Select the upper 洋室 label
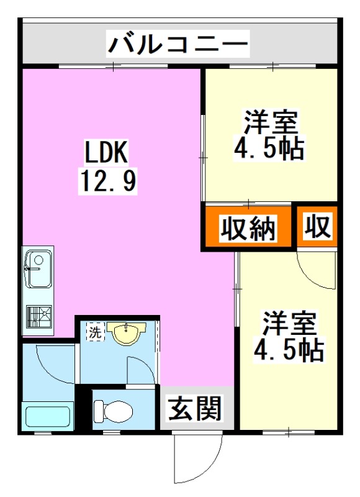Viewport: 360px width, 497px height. [x=271, y=121]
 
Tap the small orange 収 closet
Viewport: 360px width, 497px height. [x=317, y=228]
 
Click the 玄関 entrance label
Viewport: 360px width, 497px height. [x=195, y=408]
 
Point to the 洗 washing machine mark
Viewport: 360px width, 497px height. [x=95, y=332]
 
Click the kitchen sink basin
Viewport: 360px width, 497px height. [x=38, y=268]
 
